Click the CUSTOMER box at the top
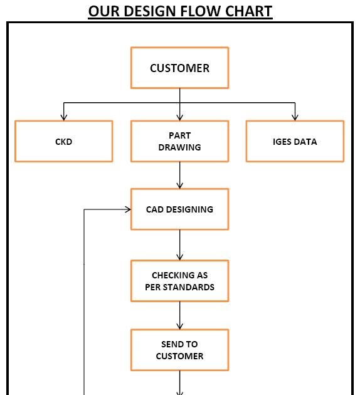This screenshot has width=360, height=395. coord(179,68)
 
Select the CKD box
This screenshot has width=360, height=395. coord(63,142)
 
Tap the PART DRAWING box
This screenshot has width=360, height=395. coord(179,142)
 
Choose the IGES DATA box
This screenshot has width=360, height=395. coord(295,142)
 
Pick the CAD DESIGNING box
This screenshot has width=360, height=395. coord(179,209)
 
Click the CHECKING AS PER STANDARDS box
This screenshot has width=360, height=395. coord(179,281)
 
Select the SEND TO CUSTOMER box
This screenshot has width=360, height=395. coord(179,350)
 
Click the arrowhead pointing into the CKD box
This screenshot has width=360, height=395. coord(63,117)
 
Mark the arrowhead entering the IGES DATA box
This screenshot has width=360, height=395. coord(295,117)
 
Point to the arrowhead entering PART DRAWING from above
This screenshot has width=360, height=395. coord(180,117)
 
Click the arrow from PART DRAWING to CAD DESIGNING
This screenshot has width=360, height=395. coord(180,176)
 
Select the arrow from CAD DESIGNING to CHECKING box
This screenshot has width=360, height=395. coord(180,245)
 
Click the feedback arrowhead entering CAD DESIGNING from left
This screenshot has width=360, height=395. coord(127,209)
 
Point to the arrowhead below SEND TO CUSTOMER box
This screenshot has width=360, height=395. coord(180,392)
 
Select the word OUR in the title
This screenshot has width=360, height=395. coord(102,11)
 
